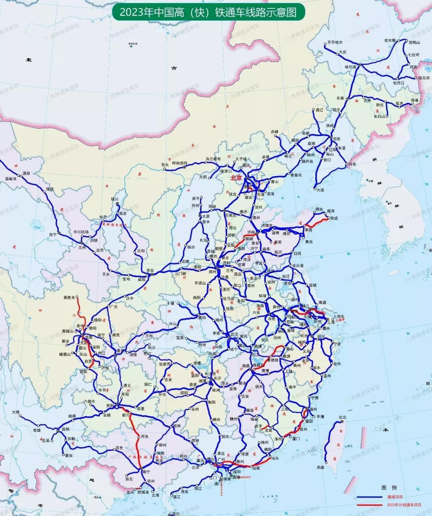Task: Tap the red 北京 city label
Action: pos(236,178)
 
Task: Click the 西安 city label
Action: pos(150,270)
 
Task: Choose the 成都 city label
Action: pos(90,337)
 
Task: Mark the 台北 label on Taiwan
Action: pos(342,417)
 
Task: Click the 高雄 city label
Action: pos(320,467)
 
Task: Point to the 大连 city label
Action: pos(320,189)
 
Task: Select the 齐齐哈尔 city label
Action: pos(334,42)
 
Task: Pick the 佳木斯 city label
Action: pos(390,41)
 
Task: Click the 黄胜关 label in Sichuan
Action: pos(69,297)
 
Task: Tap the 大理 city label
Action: pos(15,412)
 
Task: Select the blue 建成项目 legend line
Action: pos(368,497)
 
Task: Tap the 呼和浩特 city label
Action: pos(180,163)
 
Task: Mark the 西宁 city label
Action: pos(53,234)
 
